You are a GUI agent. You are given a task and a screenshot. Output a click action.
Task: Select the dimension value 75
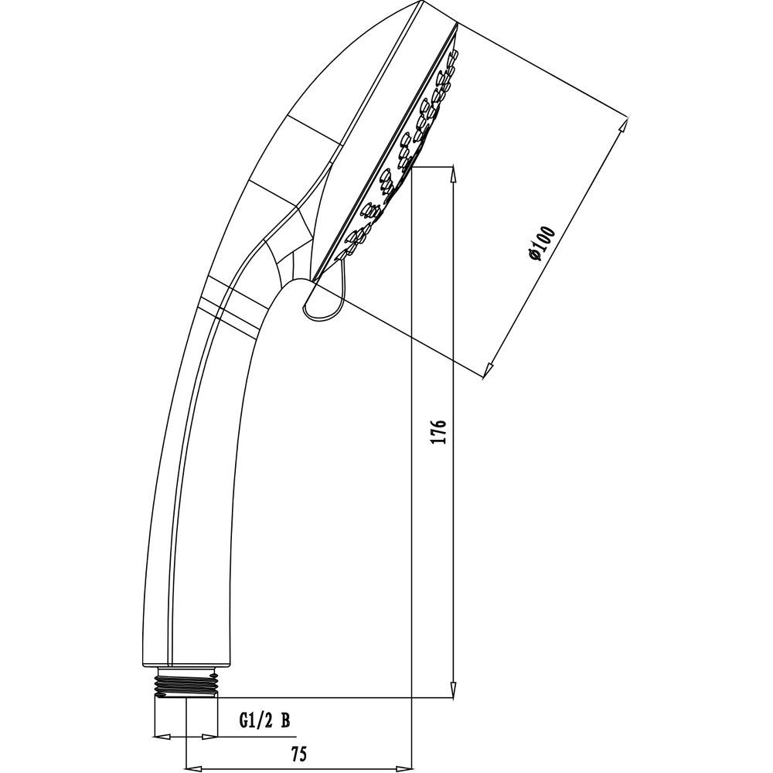click(298, 754)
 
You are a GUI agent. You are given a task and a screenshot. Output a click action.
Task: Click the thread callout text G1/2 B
click(264, 721)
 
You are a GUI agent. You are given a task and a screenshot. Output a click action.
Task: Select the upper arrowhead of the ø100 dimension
click(624, 126)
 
